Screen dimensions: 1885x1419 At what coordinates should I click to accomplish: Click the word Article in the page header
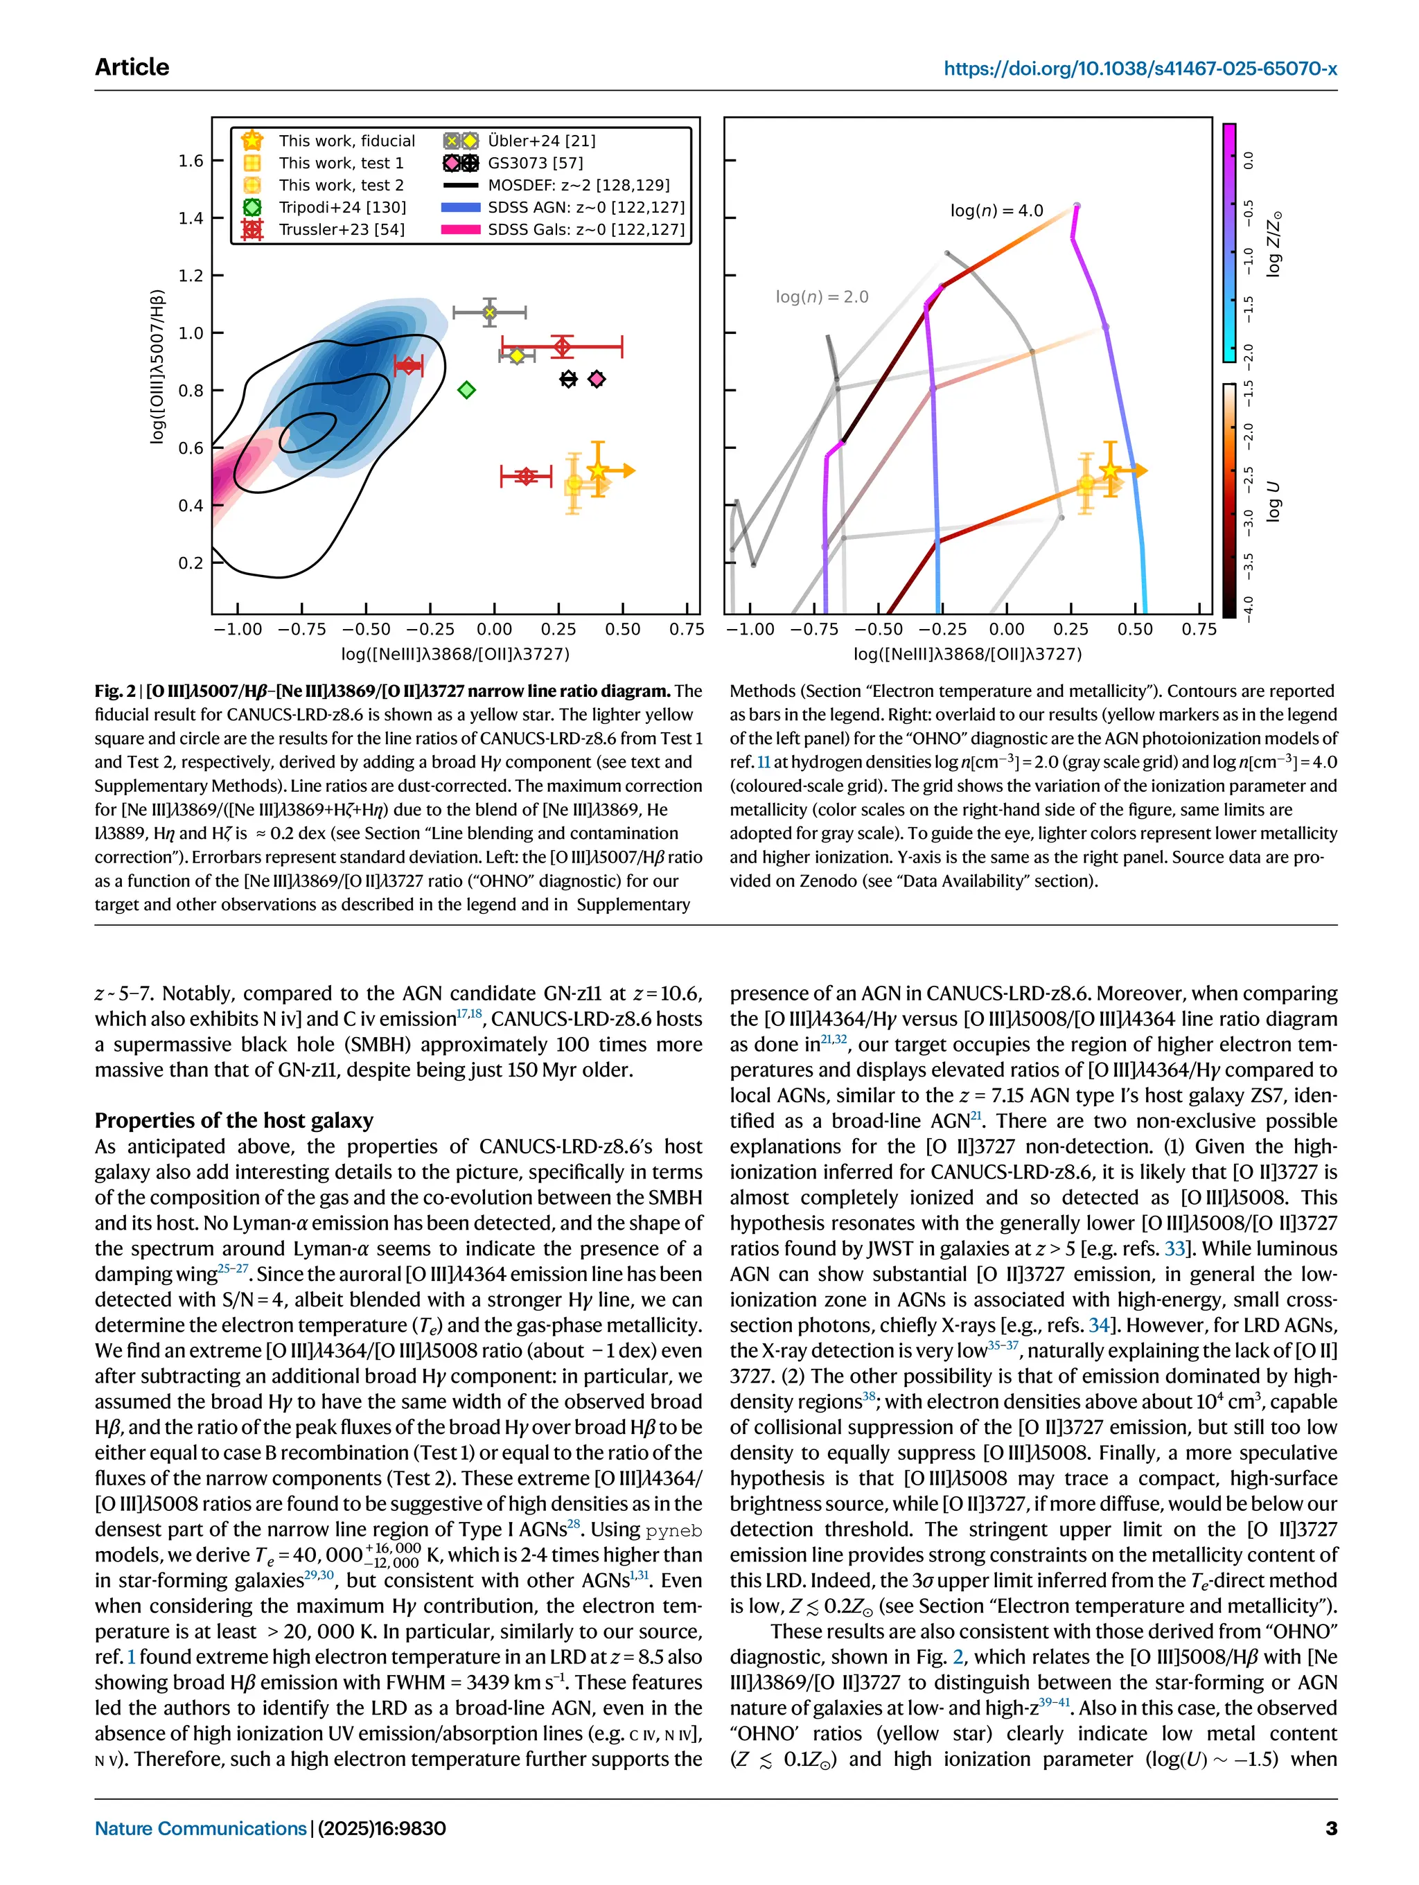pos(132,67)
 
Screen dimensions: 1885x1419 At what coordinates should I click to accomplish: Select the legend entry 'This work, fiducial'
pos(346,141)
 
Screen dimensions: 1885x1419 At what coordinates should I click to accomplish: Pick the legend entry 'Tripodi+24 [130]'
pos(342,207)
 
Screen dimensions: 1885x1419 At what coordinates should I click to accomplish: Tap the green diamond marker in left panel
pos(466,390)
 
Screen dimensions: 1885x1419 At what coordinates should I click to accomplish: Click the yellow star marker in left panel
pos(598,470)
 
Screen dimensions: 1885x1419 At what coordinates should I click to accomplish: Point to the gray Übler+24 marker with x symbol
pos(489,312)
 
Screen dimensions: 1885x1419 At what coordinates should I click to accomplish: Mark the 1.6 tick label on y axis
pos(191,160)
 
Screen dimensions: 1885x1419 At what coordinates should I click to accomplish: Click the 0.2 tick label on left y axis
pos(191,563)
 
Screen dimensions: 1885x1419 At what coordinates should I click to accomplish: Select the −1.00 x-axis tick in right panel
pos(750,630)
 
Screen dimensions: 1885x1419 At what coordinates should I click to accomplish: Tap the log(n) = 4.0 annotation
pos(996,211)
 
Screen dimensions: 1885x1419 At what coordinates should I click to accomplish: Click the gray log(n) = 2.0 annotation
pos(822,297)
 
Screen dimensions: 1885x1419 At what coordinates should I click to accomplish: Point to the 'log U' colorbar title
pos(1273,501)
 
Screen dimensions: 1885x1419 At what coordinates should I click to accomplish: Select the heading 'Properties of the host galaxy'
pos(233,1120)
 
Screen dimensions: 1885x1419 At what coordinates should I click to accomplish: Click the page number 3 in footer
pos(1330,1828)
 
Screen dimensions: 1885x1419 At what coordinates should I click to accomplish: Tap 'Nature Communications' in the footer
pos(200,1828)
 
